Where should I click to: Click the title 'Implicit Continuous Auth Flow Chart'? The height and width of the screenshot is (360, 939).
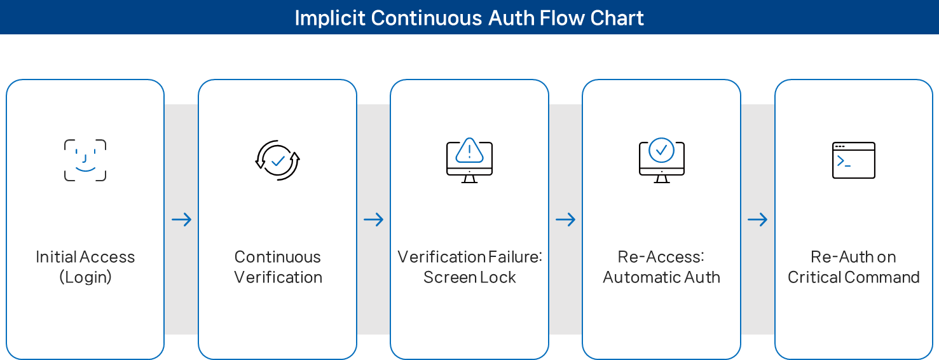point(469,18)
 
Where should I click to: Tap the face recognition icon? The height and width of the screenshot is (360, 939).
point(85,160)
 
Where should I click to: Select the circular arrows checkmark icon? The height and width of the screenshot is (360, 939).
point(277,160)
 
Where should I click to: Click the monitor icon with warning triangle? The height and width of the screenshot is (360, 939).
point(469,160)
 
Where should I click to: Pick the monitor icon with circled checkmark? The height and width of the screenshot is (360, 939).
point(661,160)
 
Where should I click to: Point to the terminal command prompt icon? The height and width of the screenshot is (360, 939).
point(853,160)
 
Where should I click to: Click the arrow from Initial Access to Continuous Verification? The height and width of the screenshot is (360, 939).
point(181,220)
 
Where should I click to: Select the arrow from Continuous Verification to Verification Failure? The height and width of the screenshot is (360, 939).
point(373,220)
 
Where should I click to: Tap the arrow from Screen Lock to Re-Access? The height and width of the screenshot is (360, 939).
point(565,220)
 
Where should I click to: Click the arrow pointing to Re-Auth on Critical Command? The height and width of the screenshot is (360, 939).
point(757,220)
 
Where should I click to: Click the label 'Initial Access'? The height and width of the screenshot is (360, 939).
point(85,257)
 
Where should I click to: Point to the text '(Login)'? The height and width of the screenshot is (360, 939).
point(85,277)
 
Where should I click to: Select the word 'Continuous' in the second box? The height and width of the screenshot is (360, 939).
point(277,257)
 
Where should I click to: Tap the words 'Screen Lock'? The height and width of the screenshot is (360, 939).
point(469,277)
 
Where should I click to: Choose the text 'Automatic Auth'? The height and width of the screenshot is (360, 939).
point(661,277)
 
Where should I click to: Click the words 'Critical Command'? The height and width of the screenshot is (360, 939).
point(853,277)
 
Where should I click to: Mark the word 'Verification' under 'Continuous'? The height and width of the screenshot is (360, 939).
point(277,277)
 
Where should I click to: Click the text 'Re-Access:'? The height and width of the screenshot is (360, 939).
point(661,257)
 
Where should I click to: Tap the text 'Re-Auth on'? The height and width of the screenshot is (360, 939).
point(853,257)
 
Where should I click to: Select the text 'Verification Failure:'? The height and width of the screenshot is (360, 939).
point(469,257)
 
